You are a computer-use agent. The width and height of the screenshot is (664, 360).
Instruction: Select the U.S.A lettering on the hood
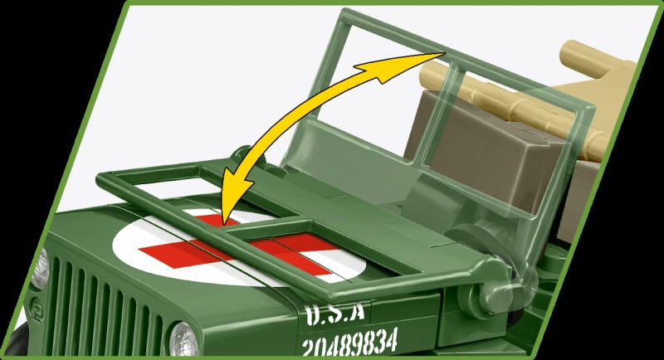coord(335,314)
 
